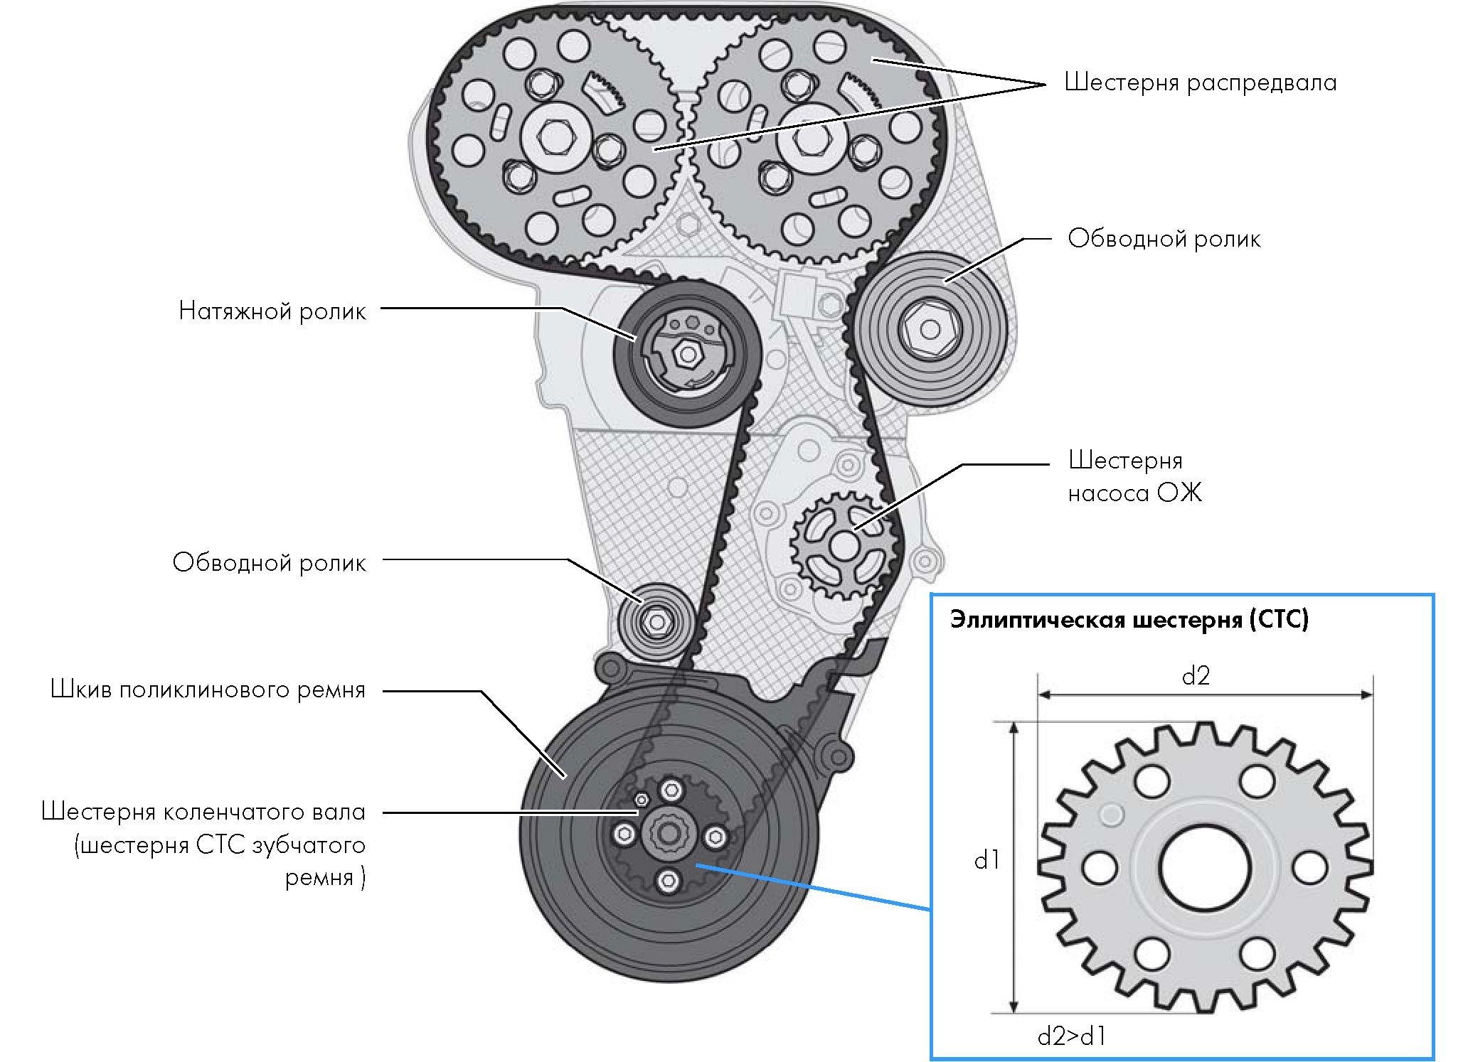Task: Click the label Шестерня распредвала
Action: (1200, 83)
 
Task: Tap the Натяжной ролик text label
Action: (272, 311)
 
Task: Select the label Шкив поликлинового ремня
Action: (208, 690)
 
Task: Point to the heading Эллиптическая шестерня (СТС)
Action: (1129, 620)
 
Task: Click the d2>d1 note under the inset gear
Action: (1072, 1037)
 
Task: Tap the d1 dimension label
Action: (987, 861)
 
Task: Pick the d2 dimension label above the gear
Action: (1196, 676)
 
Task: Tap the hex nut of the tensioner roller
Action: (686, 353)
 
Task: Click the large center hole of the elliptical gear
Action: (1204, 867)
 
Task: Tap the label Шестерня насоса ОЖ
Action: (1134, 476)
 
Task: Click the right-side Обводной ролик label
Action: (1164, 239)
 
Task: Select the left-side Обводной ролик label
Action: (269, 563)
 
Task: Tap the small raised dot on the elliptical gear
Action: (1110, 815)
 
